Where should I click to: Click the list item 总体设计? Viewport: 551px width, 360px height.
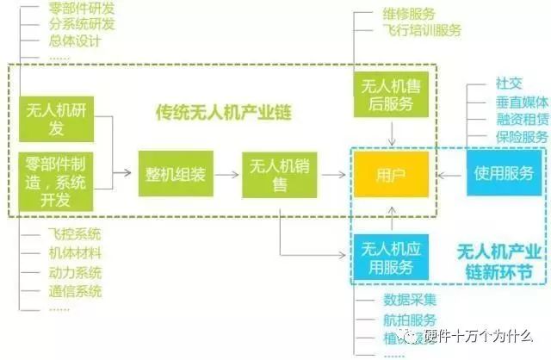77,41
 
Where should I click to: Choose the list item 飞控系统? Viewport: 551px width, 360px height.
77,234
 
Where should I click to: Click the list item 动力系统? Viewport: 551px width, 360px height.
77,272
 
